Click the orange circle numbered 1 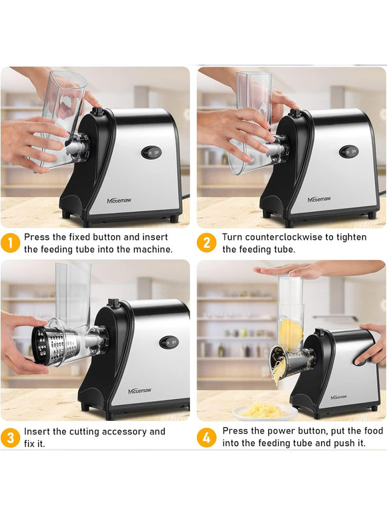[10, 243]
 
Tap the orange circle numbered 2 [206, 243]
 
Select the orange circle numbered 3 [10, 438]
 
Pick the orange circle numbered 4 [206, 438]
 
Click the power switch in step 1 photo [151, 153]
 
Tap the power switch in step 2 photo [349, 152]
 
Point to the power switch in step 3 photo [169, 342]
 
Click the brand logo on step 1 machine [119, 201]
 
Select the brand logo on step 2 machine [319, 199]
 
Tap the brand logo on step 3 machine [139, 391]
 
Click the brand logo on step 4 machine [339, 397]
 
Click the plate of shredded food [265, 412]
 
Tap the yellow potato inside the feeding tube [291, 333]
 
